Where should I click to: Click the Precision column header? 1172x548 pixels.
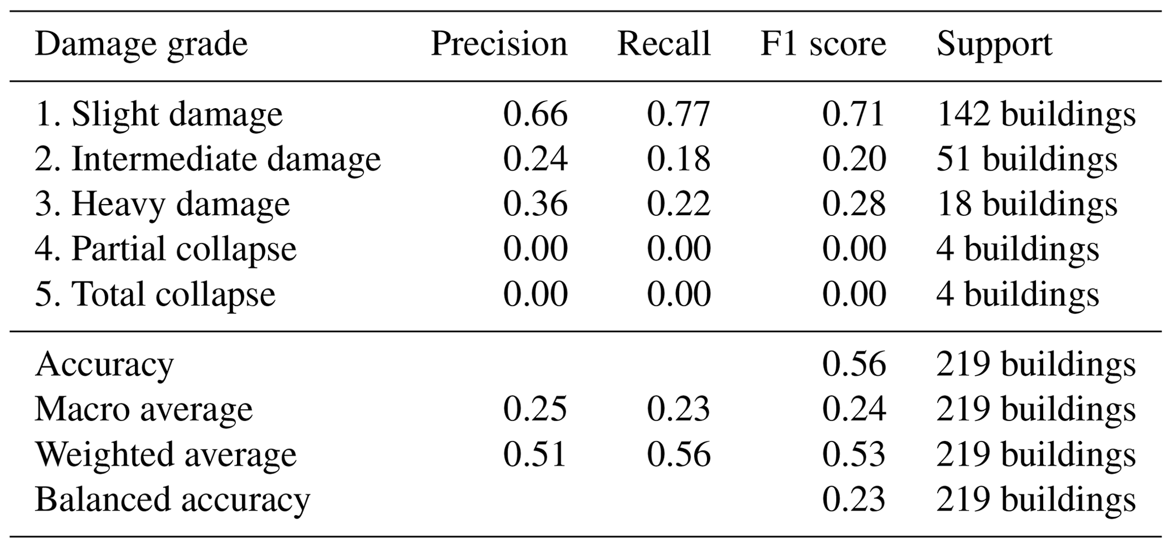coord(499,44)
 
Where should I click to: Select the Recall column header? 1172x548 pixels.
coord(663,44)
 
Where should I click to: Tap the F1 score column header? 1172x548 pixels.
coord(823,44)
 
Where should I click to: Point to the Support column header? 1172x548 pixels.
coord(995,44)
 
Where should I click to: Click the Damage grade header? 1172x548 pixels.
coord(141,45)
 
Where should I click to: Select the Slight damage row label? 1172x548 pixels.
coord(159,114)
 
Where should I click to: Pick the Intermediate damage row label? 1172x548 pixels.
coord(208,159)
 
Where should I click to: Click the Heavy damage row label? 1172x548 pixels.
coord(162,205)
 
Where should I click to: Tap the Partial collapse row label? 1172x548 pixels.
coord(166,250)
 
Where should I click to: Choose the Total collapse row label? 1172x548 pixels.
coord(155,295)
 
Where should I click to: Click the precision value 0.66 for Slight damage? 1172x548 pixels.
coord(535,114)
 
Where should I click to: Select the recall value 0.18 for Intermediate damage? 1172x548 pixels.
coord(678,159)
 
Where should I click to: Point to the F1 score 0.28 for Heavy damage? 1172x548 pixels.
coord(854,205)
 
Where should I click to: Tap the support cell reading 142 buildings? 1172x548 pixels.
coord(1036,114)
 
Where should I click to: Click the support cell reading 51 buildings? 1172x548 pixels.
coord(1026,159)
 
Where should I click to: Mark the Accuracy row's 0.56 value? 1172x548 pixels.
coord(854,364)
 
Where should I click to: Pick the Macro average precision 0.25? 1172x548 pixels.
coord(535,409)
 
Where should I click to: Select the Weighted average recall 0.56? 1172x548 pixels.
coord(678,454)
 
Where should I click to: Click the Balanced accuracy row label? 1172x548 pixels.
coord(172,500)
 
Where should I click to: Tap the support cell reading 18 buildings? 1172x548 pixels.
coord(1026,205)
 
